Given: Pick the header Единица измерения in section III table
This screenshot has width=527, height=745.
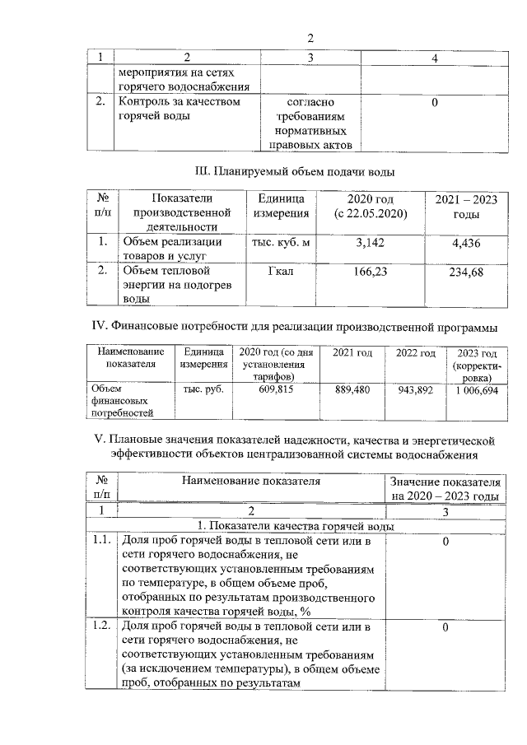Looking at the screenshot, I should pyautogui.click(x=281, y=207).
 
